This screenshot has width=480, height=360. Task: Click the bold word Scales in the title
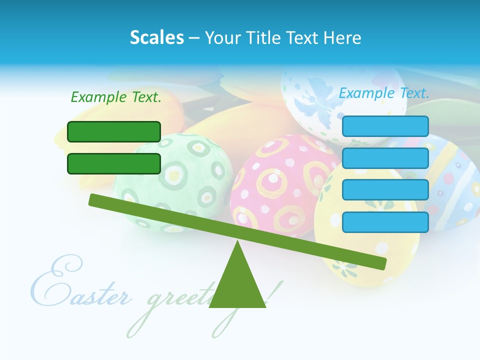point(156,37)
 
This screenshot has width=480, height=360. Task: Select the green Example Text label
point(116,97)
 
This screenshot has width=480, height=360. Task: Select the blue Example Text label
point(384,93)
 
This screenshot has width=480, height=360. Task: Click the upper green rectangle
point(114,131)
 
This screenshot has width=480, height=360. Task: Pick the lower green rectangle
point(114,163)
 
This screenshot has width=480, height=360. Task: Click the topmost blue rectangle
point(385,126)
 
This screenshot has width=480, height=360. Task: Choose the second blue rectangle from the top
point(385,158)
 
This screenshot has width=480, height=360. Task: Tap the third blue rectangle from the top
point(385,190)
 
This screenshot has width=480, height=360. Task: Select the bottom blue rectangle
point(385,222)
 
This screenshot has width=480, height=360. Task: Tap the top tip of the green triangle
point(237,242)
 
